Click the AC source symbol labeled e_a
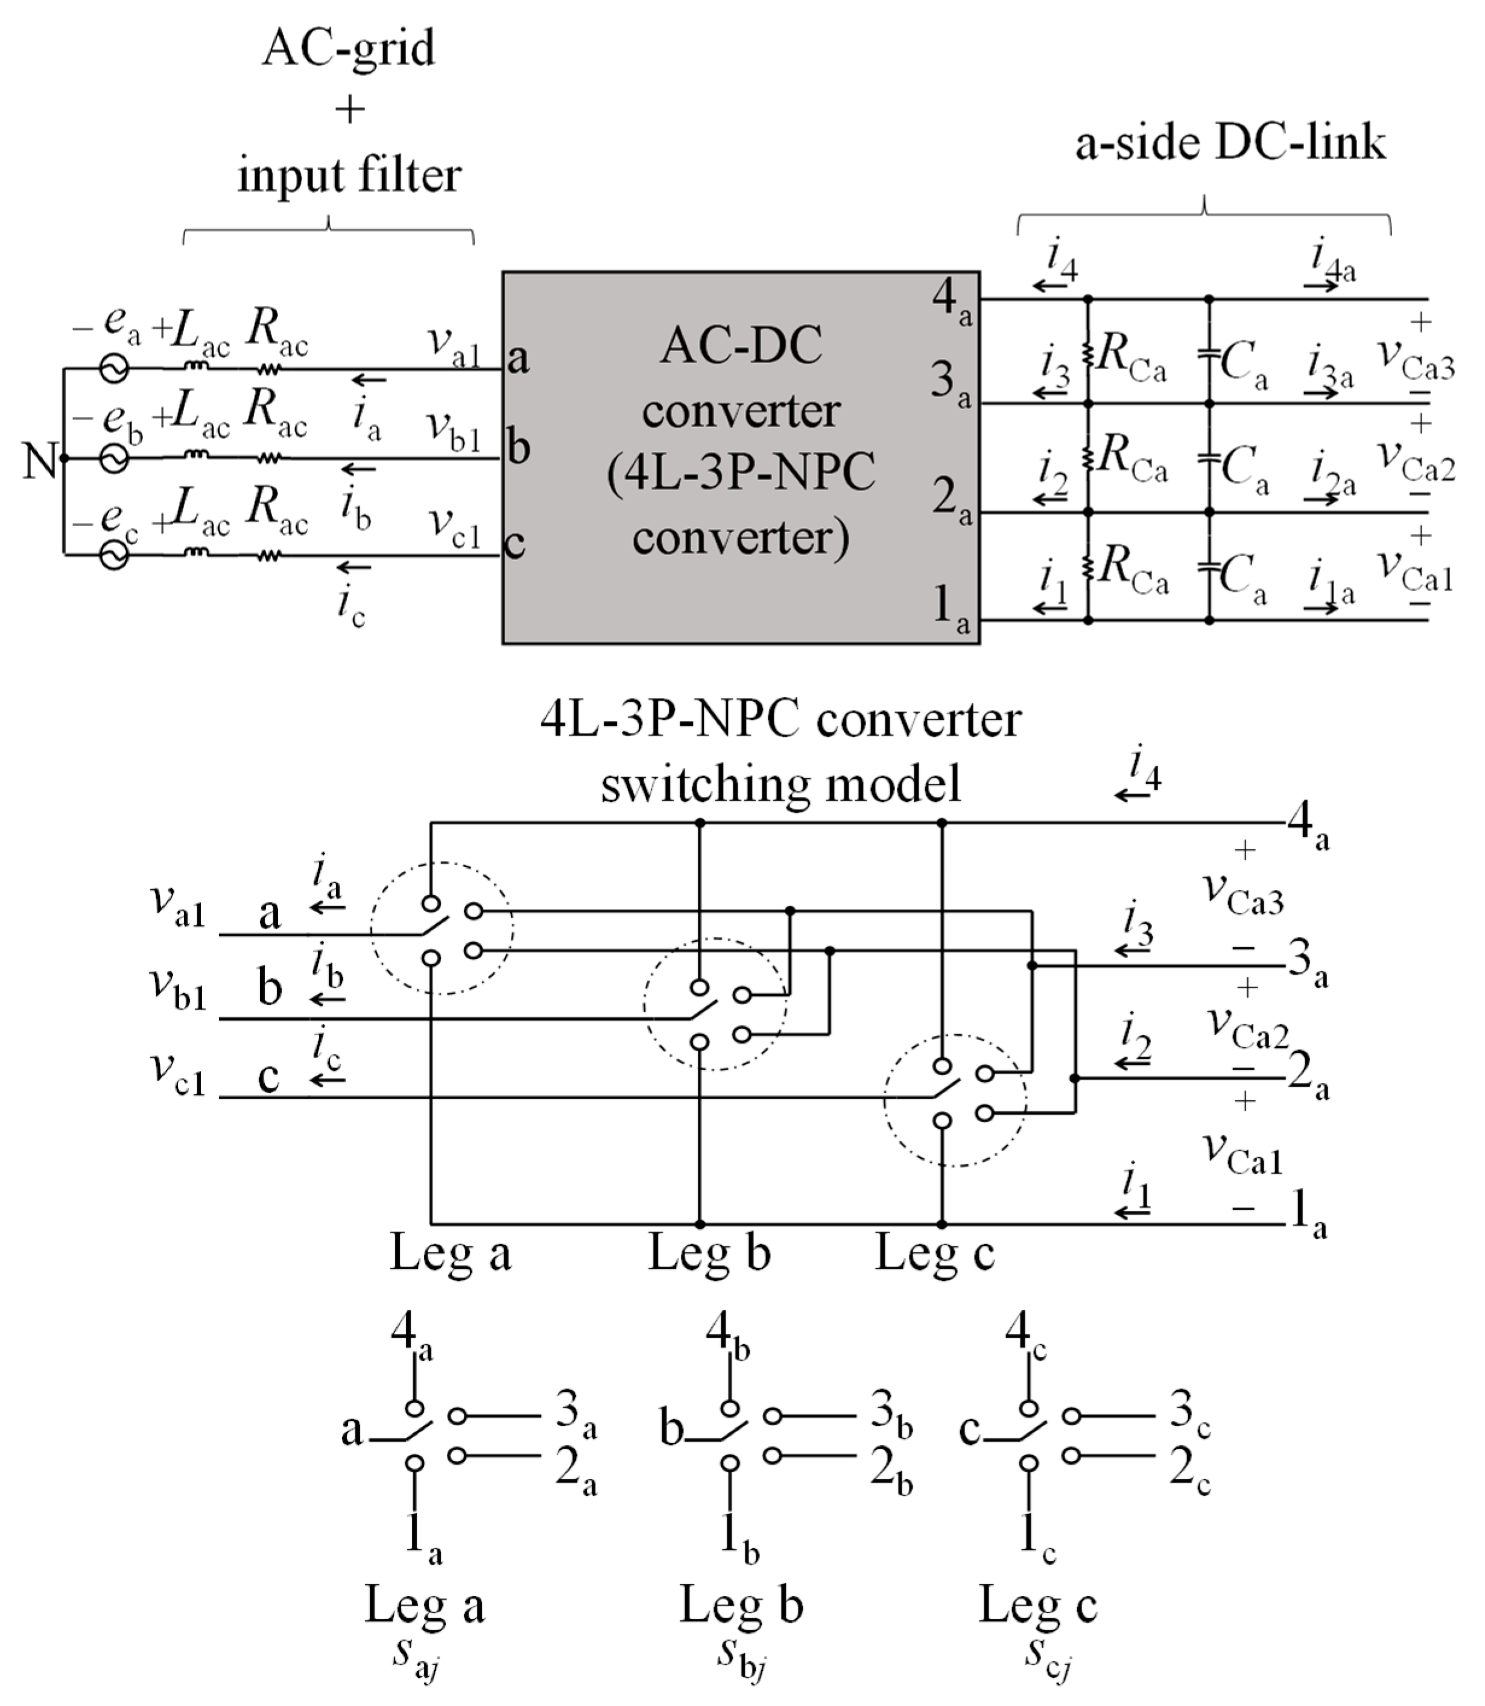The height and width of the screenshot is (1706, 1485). pos(115,368)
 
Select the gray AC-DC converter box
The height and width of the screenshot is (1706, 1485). pos(740,458)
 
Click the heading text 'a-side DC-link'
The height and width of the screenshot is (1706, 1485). pos(1230,142)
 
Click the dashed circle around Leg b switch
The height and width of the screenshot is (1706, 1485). pos(714,1004)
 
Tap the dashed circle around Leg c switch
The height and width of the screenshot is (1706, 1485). pos(955,1101)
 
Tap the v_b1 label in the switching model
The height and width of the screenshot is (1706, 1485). pos(177,988)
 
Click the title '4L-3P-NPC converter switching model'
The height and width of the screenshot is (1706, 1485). pos(780,751)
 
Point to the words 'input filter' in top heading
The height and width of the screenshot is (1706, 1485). pos(349,176)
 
